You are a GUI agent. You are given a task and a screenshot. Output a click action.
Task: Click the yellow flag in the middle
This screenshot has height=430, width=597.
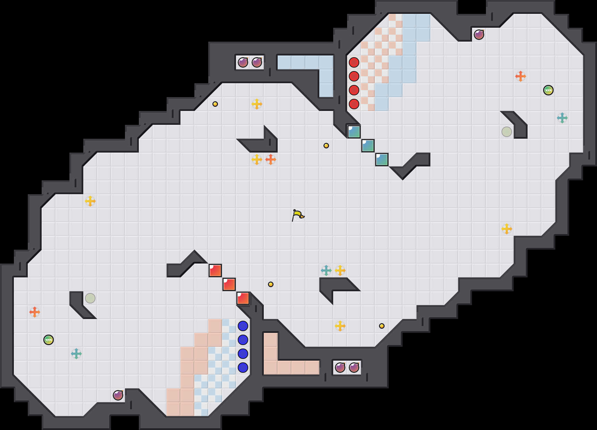pyautogui.click(x=298, y=215)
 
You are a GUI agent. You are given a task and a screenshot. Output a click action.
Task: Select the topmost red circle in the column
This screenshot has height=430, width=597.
pyautogui.click(x=354, y=62)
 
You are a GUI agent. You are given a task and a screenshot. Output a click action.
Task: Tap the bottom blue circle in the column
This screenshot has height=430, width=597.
pyautogui.click(x=243, y=367)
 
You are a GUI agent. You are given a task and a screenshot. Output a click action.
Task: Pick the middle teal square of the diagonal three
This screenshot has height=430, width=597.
pyautogui.click(x=368, y=146)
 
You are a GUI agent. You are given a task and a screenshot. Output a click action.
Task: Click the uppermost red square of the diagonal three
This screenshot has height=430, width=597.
pyautogui.click(x=215, y=270)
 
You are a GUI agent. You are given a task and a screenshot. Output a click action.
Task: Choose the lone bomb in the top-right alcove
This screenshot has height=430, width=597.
pyautogui.click(x=479, y=35)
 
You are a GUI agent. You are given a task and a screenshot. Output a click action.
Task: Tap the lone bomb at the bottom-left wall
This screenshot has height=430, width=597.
pyautogui.click(x=118, y=395)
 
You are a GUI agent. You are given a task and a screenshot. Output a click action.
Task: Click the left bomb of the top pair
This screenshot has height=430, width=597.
pyautogui.click(x=243, y=62)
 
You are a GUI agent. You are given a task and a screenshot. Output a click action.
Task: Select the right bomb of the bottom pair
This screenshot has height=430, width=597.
pyautogui.click(x=354, y=367)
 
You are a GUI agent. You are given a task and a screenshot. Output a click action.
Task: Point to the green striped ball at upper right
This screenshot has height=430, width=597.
pyautogui.click(x=548, y=90)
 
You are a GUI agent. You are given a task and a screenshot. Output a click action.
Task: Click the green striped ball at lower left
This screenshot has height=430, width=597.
pyautogui.click(x=49, y=340)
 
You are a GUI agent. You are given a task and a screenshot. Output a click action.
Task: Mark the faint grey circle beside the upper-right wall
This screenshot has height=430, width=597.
pyautogui.click(x=507, y=132)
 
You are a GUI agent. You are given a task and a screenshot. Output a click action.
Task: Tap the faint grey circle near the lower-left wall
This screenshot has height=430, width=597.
pyautogui.click(x=90, y=298)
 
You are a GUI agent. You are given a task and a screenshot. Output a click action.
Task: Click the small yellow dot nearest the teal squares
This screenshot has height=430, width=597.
pyautogui.click(x=326, y=146)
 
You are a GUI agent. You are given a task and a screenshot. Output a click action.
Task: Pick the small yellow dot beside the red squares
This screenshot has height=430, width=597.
pyautogui.click(x=271, y=284)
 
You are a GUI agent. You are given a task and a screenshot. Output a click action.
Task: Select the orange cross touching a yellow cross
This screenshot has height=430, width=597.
pyautogui.click(x=271, y=160)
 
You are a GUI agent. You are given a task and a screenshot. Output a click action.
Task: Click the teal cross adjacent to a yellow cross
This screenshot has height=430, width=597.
pyautogui.click(x=326, y=270)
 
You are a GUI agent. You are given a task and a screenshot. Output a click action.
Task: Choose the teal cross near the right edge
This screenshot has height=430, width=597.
pyautogui.click(x=562, y=118)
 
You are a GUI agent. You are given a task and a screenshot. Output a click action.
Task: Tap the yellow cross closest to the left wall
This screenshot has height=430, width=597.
pyautogui.click(x=90, y=201)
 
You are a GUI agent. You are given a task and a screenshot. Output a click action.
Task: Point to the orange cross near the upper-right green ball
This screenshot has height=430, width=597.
pyautogui.click(x=520, y=76)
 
